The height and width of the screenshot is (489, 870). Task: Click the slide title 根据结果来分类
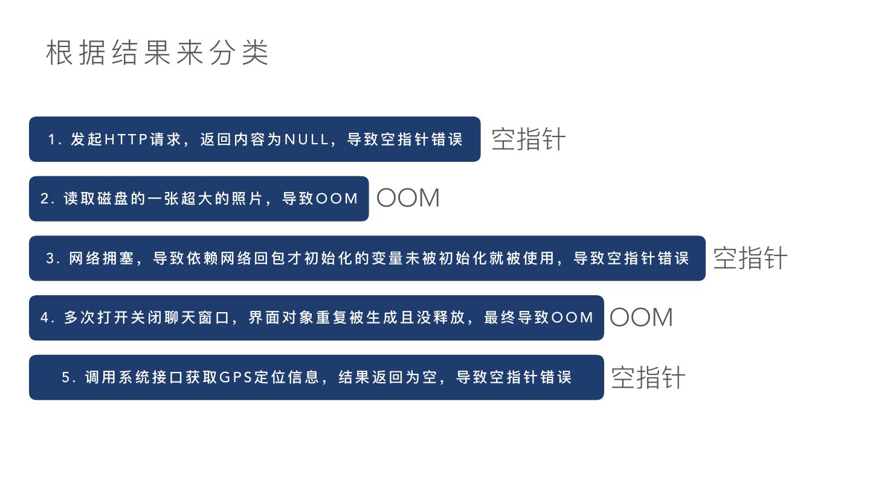tap(157, 53)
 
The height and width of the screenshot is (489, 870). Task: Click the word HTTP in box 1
tap(126, 139)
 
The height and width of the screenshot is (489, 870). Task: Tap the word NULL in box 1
tap(306, 139)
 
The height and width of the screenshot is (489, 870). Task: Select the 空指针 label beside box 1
tap(528, 139)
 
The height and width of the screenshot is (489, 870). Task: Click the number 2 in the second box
tap(45, 199)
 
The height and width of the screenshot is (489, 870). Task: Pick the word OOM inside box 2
tap(337, 199)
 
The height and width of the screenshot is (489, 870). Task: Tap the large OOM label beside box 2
tap(408, 198)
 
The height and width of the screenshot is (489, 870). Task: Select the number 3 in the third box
tap(51, 258)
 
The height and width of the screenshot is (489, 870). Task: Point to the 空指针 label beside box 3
tap(750, 258)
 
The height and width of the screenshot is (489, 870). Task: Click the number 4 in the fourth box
tap(45, 318)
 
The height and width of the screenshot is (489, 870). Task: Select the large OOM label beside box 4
tap(641, 318)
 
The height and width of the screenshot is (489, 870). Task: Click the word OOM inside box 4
tap(573, 318)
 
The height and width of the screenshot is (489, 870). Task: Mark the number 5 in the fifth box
tap(66, 377)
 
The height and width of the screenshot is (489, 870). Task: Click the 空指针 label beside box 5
tap(648, 378)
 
